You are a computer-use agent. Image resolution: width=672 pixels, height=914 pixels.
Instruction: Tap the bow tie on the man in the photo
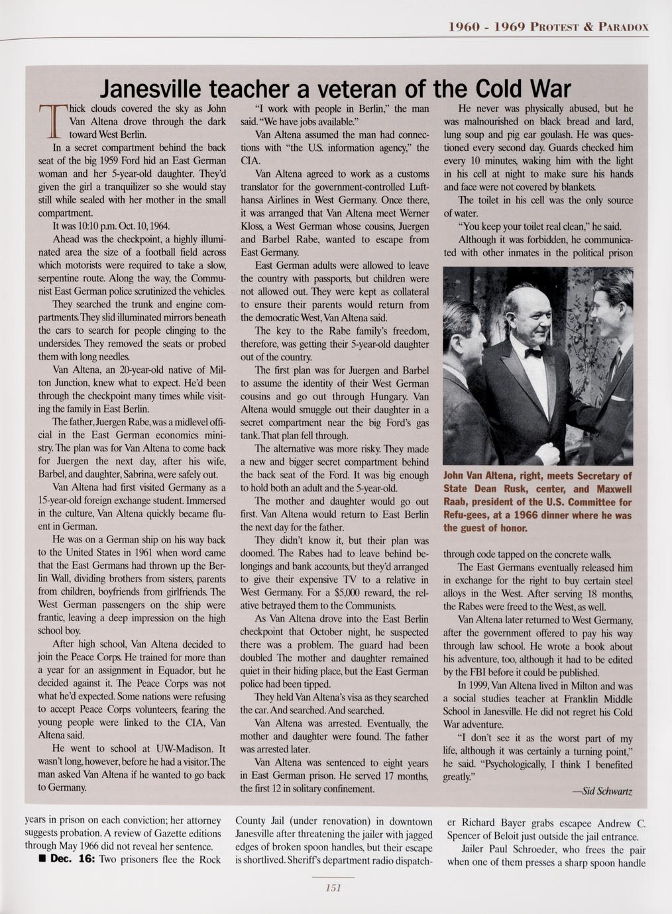[x=533, y=354]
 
